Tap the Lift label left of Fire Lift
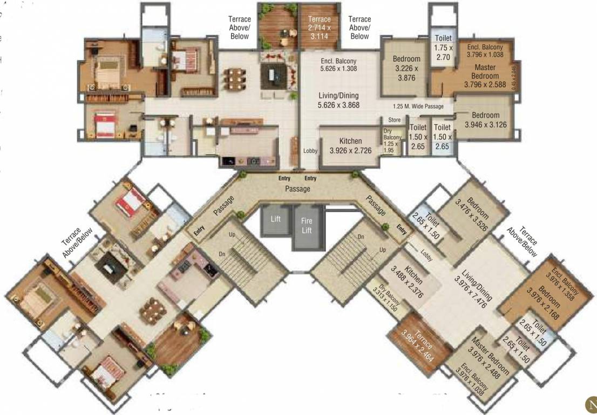coord(276,219)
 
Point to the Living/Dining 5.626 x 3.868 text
coord(338,101)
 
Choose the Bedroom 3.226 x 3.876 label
coord(406,68)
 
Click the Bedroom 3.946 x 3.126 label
coord(485,120)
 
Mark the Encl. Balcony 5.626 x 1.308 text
coord(338,65)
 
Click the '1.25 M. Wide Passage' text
coord(418,106)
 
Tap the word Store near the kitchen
coord(395,120)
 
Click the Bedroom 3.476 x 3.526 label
coord(471,214)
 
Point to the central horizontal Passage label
coord(298,189)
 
